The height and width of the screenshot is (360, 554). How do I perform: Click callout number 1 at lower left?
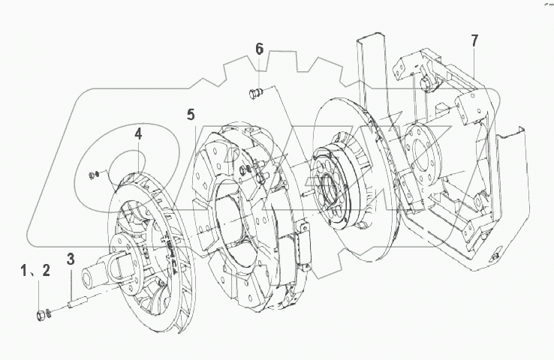tap(24, 271)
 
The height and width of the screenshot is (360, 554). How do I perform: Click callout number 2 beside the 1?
tap(46, 271)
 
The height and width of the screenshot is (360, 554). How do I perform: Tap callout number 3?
tap(71, 259)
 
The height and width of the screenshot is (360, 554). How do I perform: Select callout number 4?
tap(138, 134)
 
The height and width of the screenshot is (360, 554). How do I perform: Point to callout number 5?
tap(191, 115)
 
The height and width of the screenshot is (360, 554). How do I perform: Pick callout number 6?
tap(259, 49)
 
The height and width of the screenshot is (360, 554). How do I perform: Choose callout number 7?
tap(474, 40)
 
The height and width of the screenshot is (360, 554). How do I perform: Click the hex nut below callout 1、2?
tap(41, 315)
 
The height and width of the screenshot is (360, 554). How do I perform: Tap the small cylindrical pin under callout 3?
tap(78, 303)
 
